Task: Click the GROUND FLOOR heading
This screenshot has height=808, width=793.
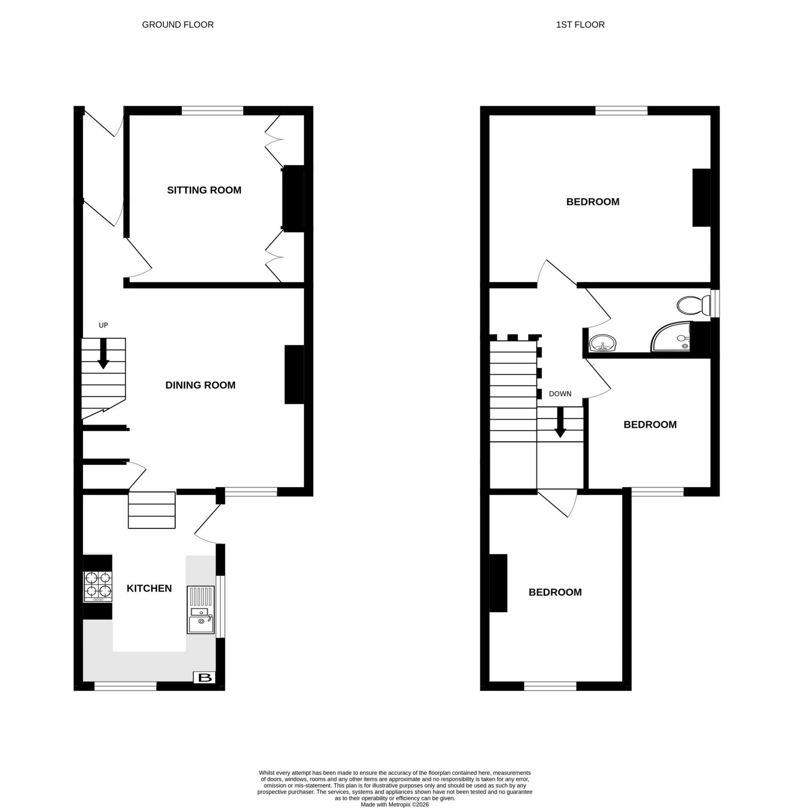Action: (x=178, y=24)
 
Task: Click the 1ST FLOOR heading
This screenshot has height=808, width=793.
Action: (x=580, y=24)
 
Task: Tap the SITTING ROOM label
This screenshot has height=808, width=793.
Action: (x=204, y=190)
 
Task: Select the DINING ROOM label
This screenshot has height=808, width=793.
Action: (x=200, y=385)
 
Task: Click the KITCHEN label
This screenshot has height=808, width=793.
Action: (x=149, y=589)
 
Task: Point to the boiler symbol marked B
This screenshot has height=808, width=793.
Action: (x=204, y=677)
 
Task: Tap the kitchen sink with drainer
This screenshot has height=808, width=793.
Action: (x=201, y=610)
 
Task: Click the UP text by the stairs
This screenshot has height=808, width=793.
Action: (x=103, y=325)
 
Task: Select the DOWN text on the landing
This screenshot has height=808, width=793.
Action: (x=560, y=394)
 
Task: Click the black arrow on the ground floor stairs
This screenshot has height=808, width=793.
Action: (x=103, y=354)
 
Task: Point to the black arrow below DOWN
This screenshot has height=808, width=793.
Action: (x=560, y=422)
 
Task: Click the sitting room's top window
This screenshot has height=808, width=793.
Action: (x=212, y=110)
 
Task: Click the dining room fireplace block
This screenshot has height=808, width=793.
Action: (x=294, y=374)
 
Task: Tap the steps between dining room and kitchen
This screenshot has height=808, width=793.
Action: (x=152, y=510)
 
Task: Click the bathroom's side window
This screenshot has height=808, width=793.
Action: (x=715, y=303)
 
